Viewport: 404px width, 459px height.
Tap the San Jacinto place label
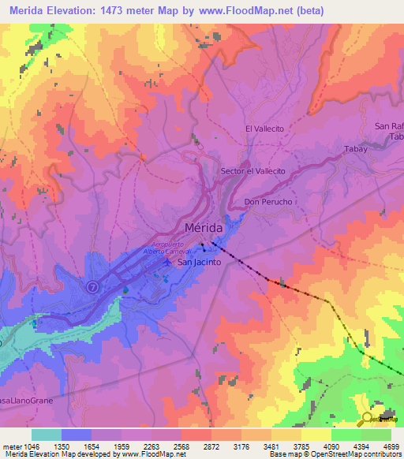(199, 262)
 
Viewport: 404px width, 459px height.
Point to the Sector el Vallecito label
(252, 171)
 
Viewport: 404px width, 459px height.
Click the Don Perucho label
(268, 202)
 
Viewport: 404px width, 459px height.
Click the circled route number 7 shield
(93, 286)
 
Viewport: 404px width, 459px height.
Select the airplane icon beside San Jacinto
(166, 261)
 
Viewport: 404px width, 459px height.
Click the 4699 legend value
(391, 446)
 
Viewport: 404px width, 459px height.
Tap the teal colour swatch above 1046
(46, 435)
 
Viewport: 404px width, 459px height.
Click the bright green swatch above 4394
(346, 435)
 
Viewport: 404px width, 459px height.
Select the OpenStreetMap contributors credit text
(348, 455)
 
